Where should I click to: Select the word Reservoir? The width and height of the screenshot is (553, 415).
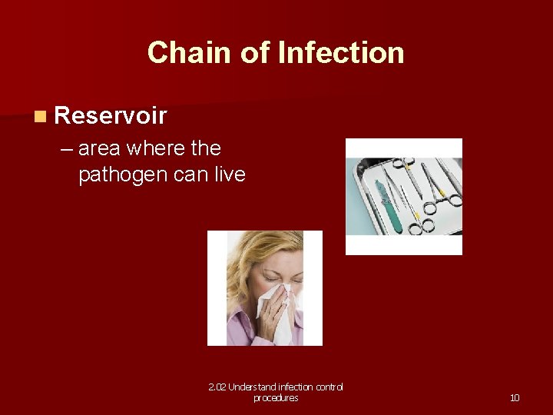pos(111,116)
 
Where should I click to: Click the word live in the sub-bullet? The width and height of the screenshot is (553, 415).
pos(230,174)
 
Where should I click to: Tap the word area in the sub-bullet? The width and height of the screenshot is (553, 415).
pos(100,149)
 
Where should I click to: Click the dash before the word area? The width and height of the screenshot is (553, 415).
pos(68,149)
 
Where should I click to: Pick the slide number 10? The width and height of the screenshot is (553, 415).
pos(515,397)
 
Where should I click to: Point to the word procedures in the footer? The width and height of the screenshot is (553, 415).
pos(276,398)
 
